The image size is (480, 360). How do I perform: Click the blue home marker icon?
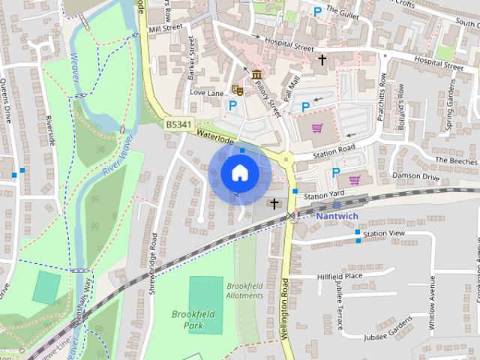pos(238,173)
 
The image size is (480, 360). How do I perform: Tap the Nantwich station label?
pos(337,216)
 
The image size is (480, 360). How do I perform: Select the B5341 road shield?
pos(177,124)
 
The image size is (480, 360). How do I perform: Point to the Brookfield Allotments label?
pos(244,291)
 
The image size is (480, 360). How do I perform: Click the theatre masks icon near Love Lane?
pos(238,89)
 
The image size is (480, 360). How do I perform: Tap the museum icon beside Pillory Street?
pos(257,75)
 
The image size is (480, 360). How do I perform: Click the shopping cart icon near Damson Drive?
pos(354,179)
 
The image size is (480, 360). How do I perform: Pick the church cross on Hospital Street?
pos(322,58)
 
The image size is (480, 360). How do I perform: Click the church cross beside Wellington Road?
pos(274,202)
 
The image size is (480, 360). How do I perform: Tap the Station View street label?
pos(384,234)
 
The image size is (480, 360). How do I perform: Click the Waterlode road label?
pos(216,136)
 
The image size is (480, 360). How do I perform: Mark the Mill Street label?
pos(166,28)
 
